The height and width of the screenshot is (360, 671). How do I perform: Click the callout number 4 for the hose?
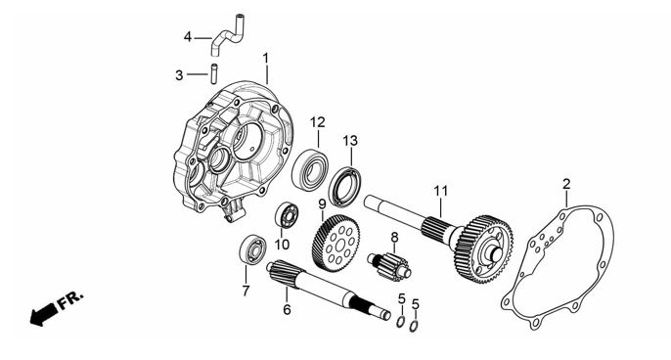188,37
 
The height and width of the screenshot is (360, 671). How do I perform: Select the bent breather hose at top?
226,36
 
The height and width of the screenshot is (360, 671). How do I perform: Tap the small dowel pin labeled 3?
214,73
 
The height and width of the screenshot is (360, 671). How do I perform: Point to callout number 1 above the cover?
265,58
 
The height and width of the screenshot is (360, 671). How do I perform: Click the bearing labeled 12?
310,168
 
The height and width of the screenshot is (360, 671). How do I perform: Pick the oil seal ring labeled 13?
344,186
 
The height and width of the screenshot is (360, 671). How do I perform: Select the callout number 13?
350,141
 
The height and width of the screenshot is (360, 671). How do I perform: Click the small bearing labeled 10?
287,215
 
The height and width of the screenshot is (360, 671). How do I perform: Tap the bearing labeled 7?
252,249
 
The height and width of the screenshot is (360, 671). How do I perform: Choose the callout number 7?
246,292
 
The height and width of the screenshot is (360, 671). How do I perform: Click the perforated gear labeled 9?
335,244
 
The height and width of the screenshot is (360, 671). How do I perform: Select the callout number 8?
394,237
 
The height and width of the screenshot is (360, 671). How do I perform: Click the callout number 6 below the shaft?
287,309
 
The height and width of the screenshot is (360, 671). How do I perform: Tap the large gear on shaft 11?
484,248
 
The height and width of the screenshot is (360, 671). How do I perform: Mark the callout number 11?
440,191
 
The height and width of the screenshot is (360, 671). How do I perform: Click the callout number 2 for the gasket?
566,185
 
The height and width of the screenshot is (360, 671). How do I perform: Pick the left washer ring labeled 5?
400,322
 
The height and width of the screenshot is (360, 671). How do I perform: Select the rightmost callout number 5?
416,304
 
